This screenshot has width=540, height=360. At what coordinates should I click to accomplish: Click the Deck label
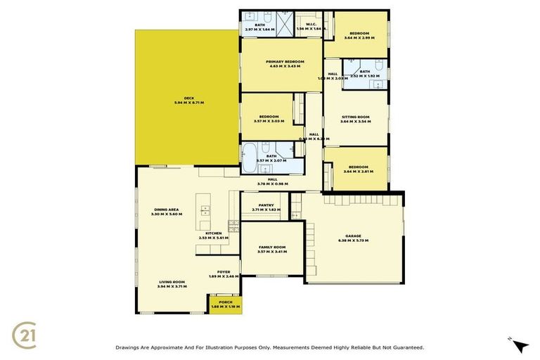pos(188,98)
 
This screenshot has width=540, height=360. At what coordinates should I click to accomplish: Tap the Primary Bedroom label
pos(285,62)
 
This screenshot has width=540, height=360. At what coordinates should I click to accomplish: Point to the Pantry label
pos(266,205)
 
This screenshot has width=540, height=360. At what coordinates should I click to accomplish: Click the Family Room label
pos(273,247)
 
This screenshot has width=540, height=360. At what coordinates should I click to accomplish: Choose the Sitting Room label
pos(355,117)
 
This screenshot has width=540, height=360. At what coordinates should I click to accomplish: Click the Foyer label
pos(224,272)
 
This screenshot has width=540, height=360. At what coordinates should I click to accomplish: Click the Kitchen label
pos(213,233)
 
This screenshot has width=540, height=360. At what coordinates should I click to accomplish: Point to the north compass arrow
pos(519,345)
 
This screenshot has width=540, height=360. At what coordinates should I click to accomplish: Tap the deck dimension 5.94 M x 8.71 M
pos(188,103)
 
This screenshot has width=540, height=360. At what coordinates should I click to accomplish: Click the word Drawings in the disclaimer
pos(129,347)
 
